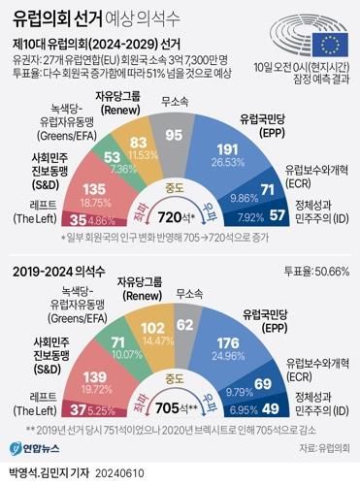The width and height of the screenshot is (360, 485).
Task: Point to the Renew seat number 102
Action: pos(152,328)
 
